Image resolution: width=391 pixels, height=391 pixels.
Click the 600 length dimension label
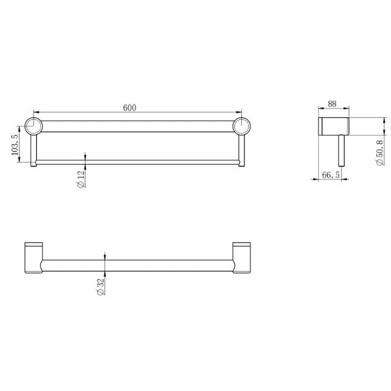point(130,108)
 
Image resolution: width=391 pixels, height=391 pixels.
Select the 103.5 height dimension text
point(15,145)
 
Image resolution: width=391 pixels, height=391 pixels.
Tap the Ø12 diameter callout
point(82,178)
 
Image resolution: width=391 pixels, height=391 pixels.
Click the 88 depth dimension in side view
point(332,103)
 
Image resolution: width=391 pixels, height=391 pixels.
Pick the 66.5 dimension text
point(330,176)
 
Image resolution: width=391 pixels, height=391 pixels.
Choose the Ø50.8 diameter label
point(380,152)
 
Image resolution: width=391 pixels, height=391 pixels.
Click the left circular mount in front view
point(33,126)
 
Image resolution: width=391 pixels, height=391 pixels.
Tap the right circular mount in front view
point(242,126)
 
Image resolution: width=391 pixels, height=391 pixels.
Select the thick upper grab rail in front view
point(137,126)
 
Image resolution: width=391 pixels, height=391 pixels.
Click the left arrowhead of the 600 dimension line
point(34,112)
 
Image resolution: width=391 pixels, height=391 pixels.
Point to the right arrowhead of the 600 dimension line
point(240,112)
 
